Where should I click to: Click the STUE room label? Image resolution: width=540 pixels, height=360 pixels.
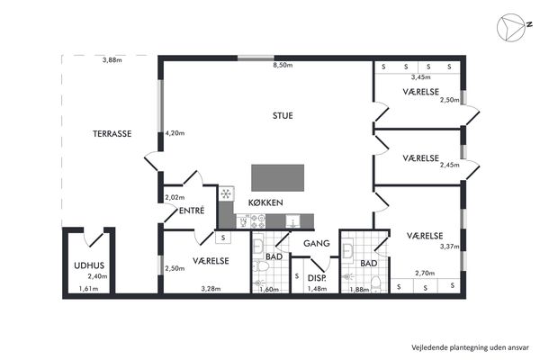coord(283,116)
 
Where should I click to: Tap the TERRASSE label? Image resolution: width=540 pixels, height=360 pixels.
coord(112,134)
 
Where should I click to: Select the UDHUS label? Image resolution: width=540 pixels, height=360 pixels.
coord(89,265)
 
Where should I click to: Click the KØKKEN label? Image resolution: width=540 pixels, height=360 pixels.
coord(265,202)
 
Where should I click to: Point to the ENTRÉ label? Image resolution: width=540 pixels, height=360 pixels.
coord(192,211)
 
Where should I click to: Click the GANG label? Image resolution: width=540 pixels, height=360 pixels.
coord(317,244)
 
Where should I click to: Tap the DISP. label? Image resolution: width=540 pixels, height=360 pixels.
coord(317,278)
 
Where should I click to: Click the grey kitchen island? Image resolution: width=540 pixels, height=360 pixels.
coord(277,178)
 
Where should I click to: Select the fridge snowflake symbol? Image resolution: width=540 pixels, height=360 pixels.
coord(226,194)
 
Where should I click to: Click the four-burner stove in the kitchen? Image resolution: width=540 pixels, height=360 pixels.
coord(258,221)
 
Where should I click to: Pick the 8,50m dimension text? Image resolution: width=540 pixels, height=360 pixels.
coord(283,65)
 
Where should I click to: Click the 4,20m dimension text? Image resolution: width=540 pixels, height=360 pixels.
coord(175,133)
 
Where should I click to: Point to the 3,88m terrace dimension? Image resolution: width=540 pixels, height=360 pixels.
coord(112,60)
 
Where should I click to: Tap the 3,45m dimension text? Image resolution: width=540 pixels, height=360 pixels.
coord(421,77)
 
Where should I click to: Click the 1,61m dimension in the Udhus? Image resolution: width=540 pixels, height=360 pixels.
coord(88,289)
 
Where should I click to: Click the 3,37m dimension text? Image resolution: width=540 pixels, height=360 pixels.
coord(449,247)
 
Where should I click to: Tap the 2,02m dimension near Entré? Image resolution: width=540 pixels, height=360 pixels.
coord(175,197)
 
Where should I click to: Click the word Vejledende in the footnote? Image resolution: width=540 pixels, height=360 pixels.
coord(427,347)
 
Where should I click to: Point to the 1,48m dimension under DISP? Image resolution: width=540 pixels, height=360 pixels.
coord(317,289)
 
